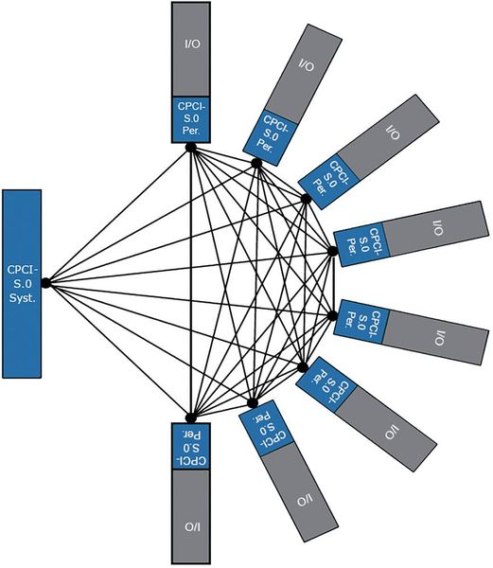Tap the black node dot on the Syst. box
coord(45,281)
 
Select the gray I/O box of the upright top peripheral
coord(191,47)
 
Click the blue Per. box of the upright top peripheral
coord(191,117)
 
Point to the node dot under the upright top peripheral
coord(191,146)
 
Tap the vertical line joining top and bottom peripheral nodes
coord(191,284)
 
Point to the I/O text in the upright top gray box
coord(191,44)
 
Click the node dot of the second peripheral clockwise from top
coord(256,163)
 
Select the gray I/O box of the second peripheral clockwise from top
coord(305,70)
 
